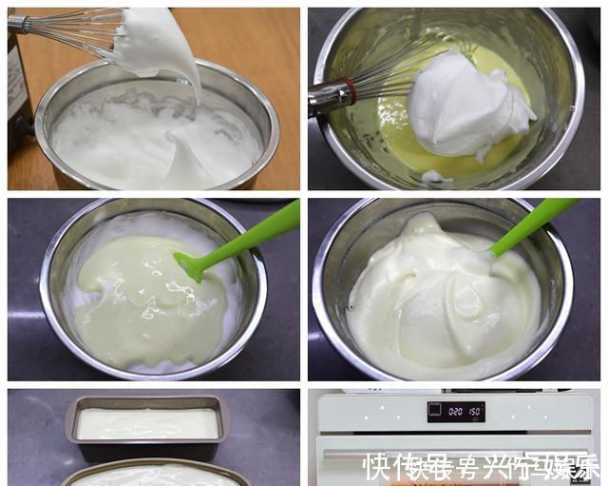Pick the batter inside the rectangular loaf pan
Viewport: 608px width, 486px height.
147,423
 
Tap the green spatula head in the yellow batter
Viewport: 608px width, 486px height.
190,265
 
